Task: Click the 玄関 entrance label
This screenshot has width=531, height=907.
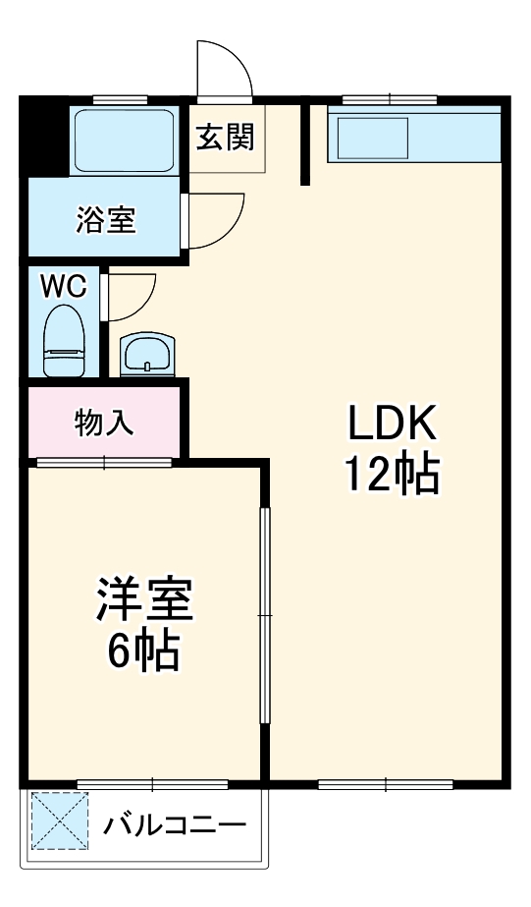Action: (226, 138)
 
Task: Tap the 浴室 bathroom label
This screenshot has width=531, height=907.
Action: (106, 221)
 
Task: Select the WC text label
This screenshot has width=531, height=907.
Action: (63, 286)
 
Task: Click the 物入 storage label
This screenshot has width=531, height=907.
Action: (104, 423)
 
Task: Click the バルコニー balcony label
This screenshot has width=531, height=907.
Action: (175, 823)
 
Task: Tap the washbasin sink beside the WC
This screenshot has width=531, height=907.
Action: (146, 354)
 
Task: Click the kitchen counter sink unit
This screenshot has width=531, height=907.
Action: (415, 138)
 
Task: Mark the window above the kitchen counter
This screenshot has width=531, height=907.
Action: (390, 98)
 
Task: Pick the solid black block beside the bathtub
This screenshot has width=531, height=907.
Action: (45, 135)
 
